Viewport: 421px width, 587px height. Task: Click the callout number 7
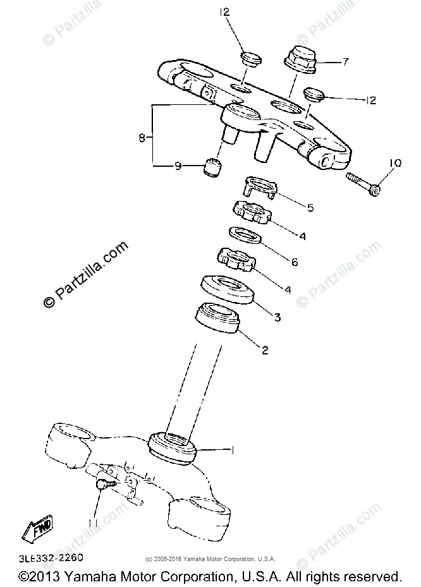pyautogui.click(x=346, y=61)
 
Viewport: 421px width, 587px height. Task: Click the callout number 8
pyautogui.click(x=142, y=136)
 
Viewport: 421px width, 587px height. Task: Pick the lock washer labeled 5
pyautogui.click(x=259, y=188)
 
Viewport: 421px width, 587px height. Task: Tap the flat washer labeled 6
pyautogui.click(x=245, y=235)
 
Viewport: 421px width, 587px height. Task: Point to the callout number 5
pyautogui.click(x=310, y=207)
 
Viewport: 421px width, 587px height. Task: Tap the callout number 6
pyautogui.click(x=294, y=261)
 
